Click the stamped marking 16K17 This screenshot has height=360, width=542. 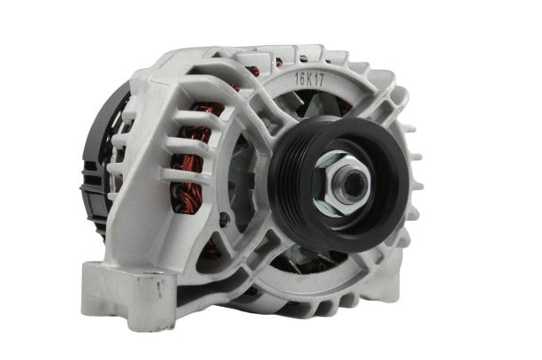(x=309, y=80)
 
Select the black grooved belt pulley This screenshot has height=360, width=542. (x=339, y=183)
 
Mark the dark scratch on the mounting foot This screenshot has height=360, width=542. (x=159, y=289)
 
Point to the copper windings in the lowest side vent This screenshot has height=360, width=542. (x=187, y=198)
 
